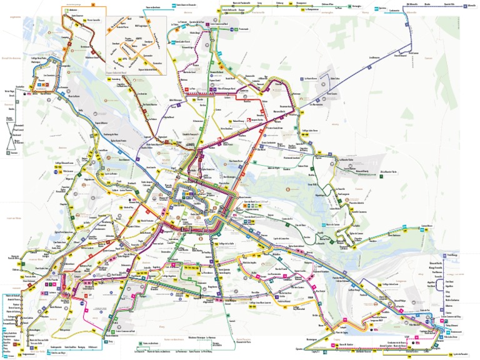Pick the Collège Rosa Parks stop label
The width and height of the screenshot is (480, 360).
pyautogui.click(x=39, y=59)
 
